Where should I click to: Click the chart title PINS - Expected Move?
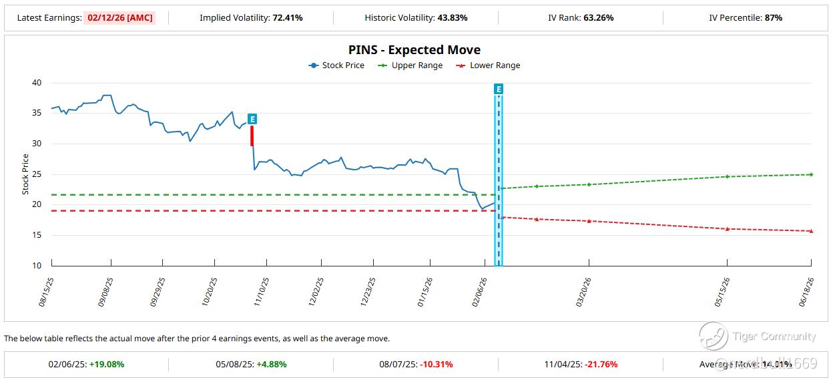coord(414,50)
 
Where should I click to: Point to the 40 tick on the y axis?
coord(36,83)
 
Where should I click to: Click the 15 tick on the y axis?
coord(36,235)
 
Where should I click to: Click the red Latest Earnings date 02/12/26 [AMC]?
coord(120,18)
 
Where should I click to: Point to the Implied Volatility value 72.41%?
coord(287,18)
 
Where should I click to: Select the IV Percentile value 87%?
coord(774,18)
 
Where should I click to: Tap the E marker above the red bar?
coord(252,119)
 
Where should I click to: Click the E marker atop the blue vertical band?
coord(498,89)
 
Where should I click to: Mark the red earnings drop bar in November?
coord(252,136)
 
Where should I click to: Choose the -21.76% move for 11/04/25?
coord(601,365)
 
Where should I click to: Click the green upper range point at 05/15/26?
coord(727,176)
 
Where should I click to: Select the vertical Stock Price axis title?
coord(25,174)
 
